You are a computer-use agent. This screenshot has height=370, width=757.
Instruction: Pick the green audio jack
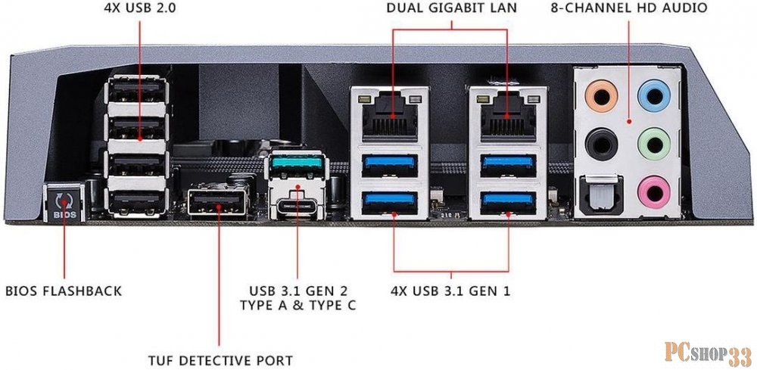651,141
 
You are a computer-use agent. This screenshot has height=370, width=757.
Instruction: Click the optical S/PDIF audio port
601,191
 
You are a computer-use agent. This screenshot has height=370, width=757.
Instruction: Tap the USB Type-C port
298,204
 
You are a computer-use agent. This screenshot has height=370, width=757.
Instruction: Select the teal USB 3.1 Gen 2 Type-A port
298,165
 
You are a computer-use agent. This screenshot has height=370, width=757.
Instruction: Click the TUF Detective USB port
217,203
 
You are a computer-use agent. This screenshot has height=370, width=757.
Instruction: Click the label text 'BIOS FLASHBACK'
64,291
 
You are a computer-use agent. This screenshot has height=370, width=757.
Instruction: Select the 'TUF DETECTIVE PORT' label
220,360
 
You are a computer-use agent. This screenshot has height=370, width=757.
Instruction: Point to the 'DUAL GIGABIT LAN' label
453,9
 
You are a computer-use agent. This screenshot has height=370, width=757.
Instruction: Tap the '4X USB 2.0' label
140,9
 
